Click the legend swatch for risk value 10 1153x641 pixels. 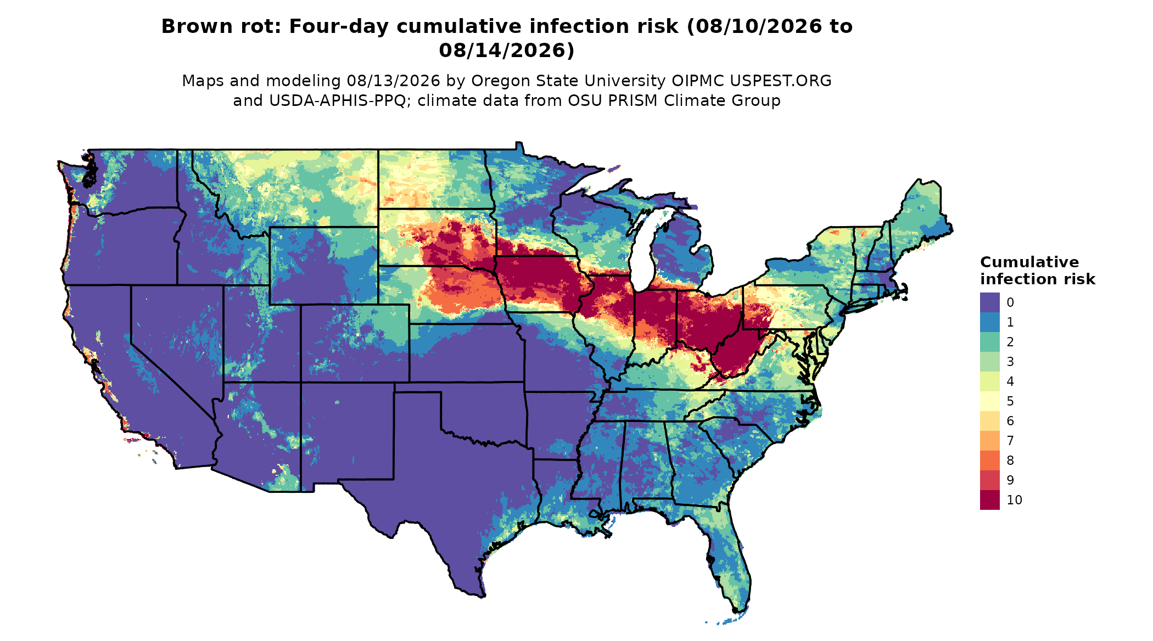click(989, 500)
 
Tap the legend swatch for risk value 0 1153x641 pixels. click(989, 302)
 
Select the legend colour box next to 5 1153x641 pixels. click(989, 401)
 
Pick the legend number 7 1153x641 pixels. click(1010, 441)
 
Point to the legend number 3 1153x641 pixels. click(1010, 362)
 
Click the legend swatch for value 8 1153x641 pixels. click(989, 460)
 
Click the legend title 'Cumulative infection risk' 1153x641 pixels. click(1037, 271)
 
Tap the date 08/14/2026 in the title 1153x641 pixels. click(506, 50)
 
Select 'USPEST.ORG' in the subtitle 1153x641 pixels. click(780, 81)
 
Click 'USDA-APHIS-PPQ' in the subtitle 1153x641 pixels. click(339, 101)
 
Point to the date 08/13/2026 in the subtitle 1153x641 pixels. click(393, 81)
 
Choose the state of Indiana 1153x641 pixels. click(655, 324)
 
